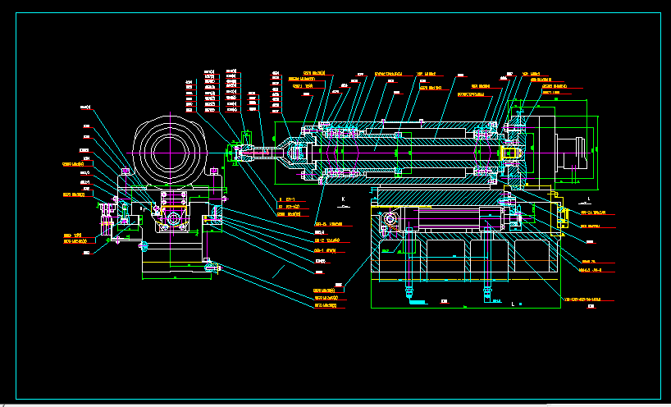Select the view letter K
pos(343,199)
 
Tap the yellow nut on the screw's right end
pos(510,153)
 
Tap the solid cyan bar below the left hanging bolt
pos(418,303)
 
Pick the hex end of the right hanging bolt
pos(486,290)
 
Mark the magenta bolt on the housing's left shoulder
pos(126,171)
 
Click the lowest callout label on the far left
pos(86,253)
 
